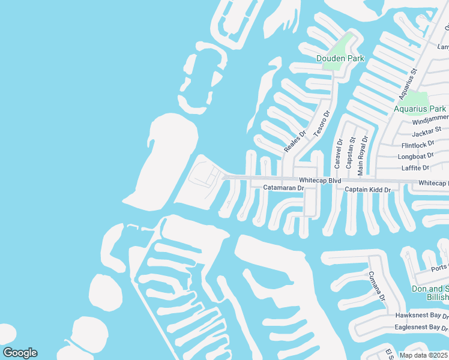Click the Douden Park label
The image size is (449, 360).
pyautogui.click(x=340, y=58)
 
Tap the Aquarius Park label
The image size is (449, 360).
pyautogui.click(x=420, y=109)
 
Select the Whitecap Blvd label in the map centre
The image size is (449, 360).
pyautogui.click(x=320, y=180)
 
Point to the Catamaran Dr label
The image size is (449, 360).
pyautogui.click(x=285, y=188)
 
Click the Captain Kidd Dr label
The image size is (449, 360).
pyautogui.click(x=368, y=190)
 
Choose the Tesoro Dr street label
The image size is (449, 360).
pyautogui.click(x=322, y=123)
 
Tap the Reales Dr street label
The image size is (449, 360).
pyautogui.click(x=295, y=142)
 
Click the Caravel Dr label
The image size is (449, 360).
pyautogui.click(x=339, y=154)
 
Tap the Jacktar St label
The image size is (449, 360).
pyautogui.click(x=427, y=129)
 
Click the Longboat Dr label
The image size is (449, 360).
pyautogui.click(x=415, y=157)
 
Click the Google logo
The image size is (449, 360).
pyautogui.click(x=20, y=353)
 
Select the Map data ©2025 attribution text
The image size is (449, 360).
pyautogui.click(x=424, y=355)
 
